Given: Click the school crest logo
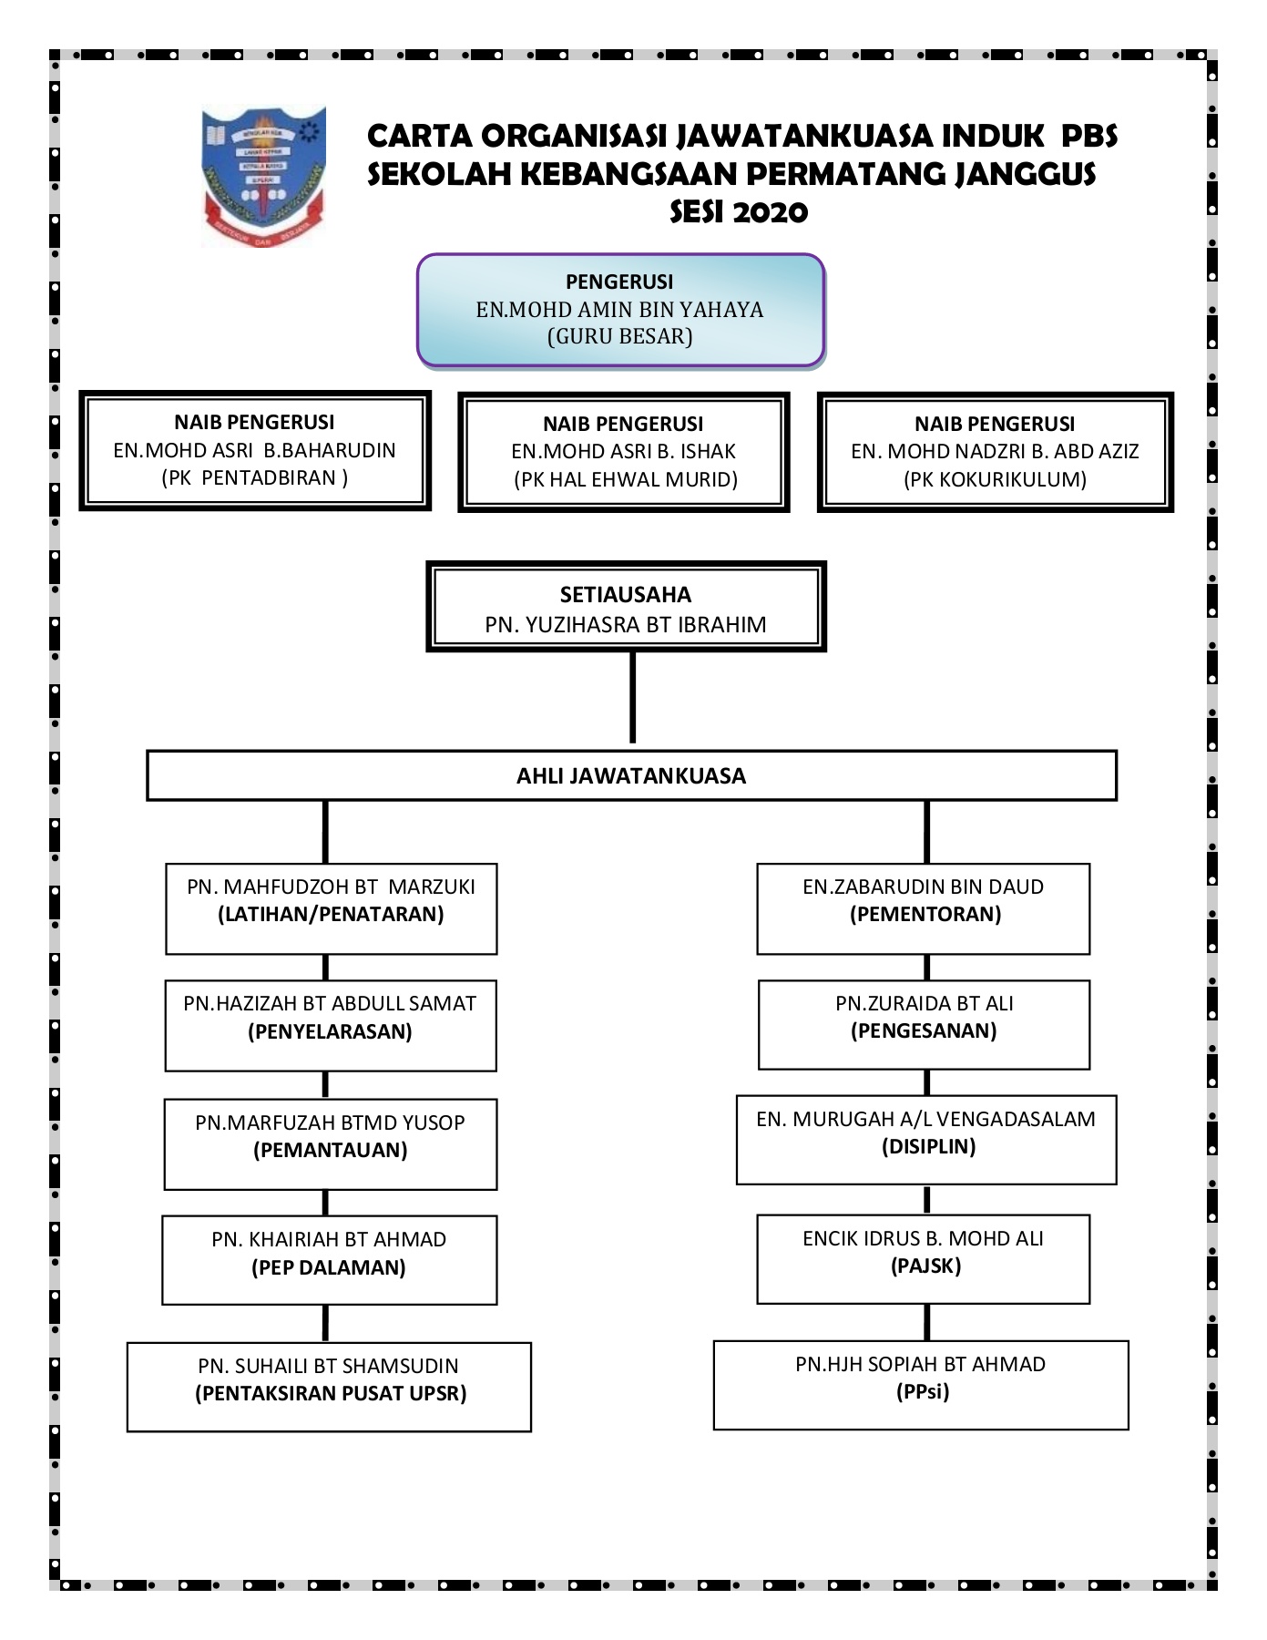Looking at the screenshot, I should pos(262,176).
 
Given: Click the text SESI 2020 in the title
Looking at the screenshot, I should pos(739,212).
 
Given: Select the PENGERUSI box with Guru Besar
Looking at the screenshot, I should pos(620,311).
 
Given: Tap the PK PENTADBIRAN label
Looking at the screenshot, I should pos(255,478).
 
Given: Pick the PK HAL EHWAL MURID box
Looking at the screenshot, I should pos(624,452).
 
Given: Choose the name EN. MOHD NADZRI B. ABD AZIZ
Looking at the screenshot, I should pos(995,452).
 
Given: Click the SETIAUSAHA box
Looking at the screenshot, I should pos(626,608).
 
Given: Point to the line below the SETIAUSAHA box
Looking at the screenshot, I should pos(632,698).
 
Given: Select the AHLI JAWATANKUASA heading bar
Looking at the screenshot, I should pos(631,776).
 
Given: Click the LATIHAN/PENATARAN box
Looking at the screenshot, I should pos(331,908).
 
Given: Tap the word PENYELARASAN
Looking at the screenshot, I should pos(330,1032).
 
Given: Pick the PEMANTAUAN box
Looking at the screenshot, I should pos(330,1144).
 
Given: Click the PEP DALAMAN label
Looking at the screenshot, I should pos(329,1268).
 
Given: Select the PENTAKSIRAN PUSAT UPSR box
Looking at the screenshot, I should pos(329,1387).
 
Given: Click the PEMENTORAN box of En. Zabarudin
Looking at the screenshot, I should pos(923,908).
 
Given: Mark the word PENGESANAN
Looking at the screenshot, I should pos(924,1031).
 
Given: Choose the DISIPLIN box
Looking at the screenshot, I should pos(926,1140).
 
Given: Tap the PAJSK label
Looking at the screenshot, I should pos(925,1266).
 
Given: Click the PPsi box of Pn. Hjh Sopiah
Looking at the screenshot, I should pos(921,1385).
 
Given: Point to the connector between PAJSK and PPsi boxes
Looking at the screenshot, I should pos(926,1323).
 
